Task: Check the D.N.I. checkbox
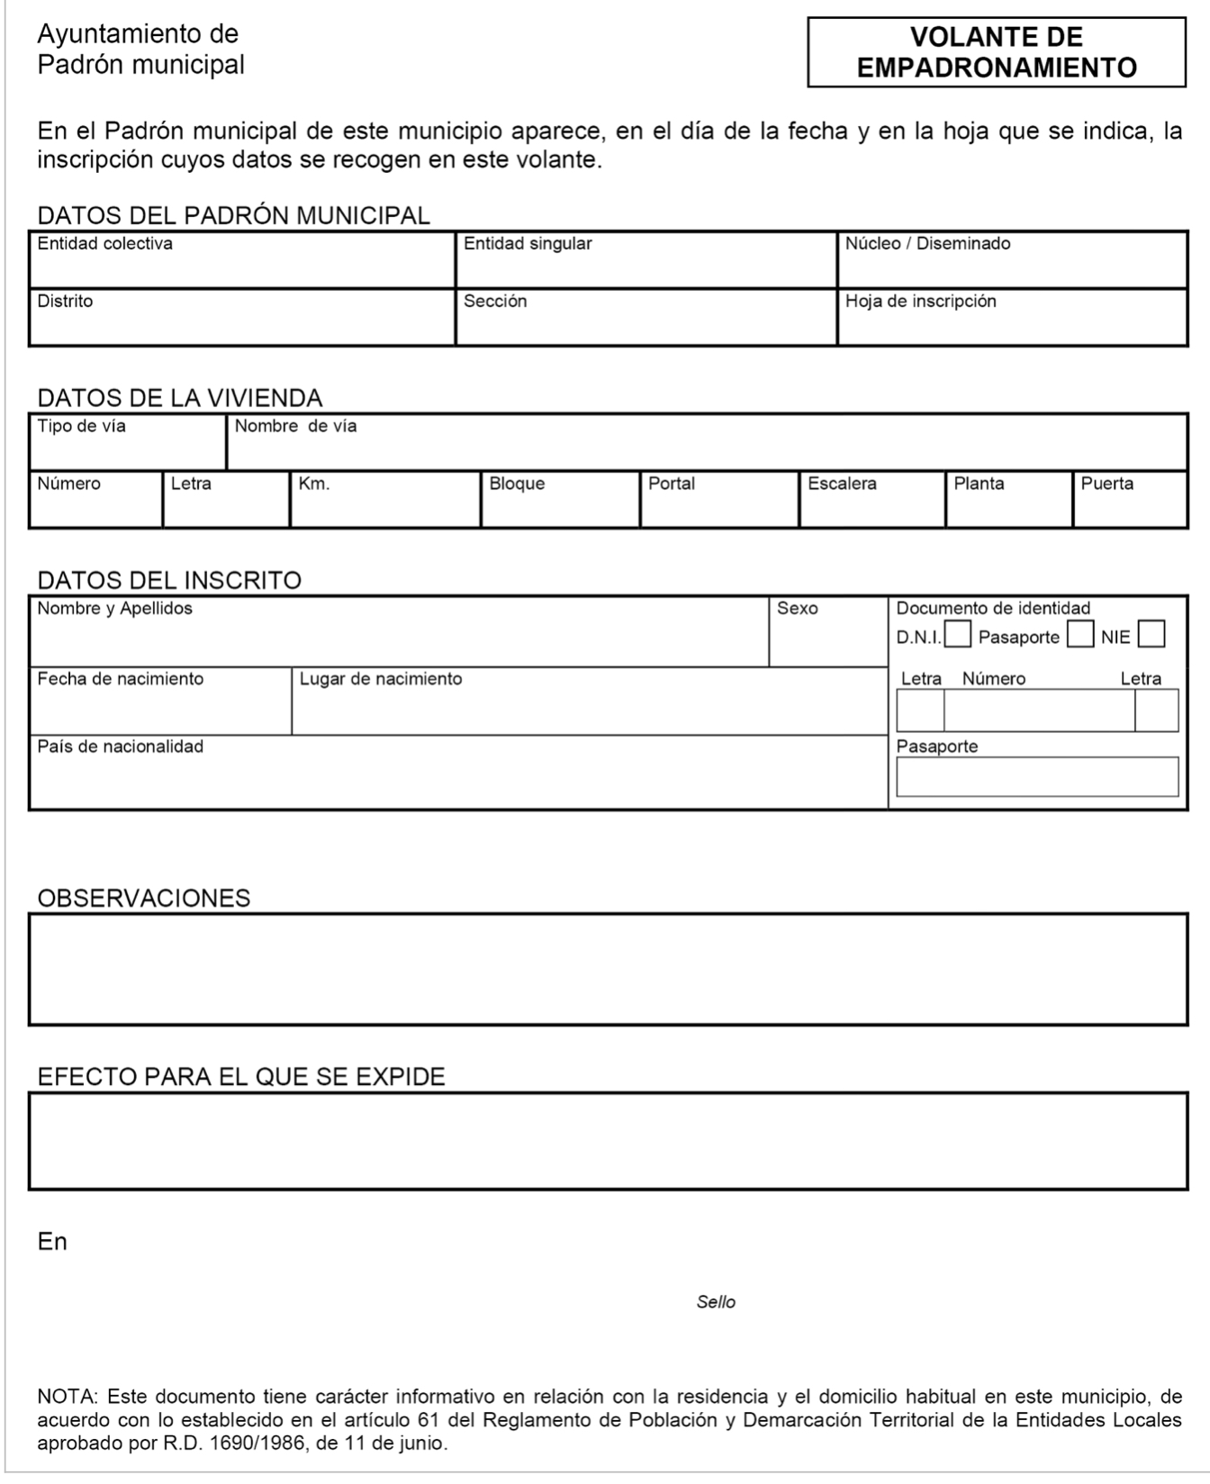point(958,635)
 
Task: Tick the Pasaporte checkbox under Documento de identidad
point(1079,635)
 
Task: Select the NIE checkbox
point(1151,635)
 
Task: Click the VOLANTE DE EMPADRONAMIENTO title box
point(996,52)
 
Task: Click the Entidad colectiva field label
point(104,244)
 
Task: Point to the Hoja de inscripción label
point(920,302)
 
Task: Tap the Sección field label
point(495,302)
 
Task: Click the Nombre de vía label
point(295,427)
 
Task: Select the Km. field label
point(314,484)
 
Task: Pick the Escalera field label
point(842,484)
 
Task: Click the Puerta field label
point(1106,484)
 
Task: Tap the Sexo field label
point(797,609)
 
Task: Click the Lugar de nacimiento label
point(380,679)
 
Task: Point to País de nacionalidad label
point(120,747)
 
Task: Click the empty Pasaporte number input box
point(1036,776)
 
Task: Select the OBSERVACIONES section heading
point(144,898)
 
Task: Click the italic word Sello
point(716,1302)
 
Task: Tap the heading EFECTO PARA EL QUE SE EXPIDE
point(241,1077)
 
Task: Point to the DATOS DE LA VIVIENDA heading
point(179,398)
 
